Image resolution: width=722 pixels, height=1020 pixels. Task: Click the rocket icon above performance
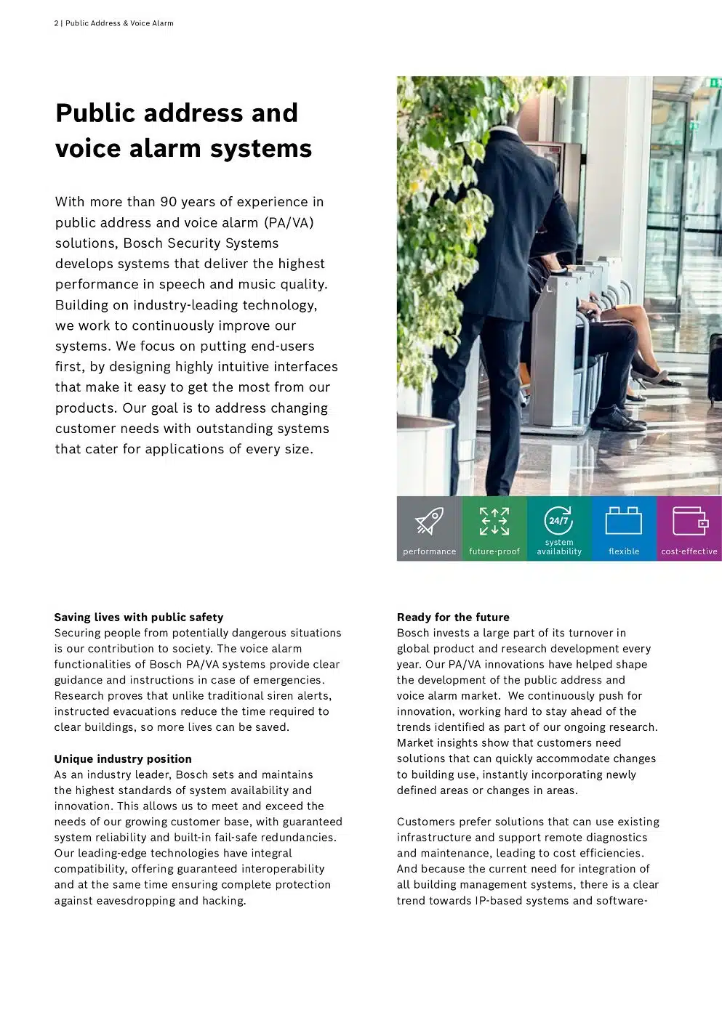[429, 521]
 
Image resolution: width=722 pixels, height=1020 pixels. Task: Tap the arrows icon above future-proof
[494, 521]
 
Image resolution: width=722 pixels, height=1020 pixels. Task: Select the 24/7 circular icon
[558, 519]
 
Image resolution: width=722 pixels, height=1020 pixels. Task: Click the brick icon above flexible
[624, 520]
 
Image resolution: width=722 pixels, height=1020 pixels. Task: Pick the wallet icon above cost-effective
[689, 521]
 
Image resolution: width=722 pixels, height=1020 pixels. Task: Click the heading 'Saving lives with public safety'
[139, 618]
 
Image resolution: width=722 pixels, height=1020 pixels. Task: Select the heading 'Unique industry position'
[123, 759]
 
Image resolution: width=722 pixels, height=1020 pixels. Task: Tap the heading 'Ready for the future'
[453, 618]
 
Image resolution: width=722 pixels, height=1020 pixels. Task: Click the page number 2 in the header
[56, 23]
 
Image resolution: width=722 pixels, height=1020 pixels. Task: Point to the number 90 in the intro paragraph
[169, 202]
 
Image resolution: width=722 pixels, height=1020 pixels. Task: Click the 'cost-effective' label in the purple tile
[689, 551]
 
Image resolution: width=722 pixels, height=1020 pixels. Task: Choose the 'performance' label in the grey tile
[430, 551]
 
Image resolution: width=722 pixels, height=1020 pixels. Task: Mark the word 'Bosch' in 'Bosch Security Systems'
[143, 243]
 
